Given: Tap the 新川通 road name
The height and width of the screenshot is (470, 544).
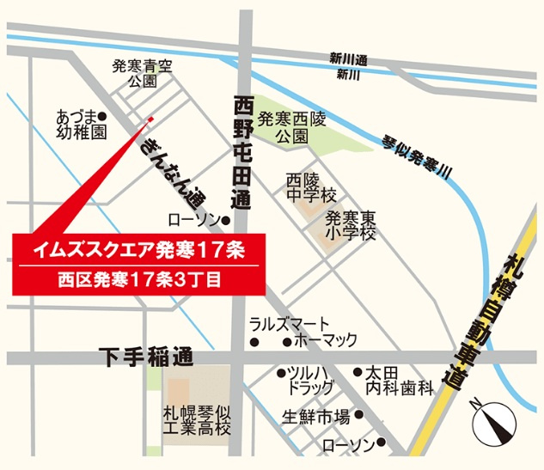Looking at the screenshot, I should (x=348, y=59).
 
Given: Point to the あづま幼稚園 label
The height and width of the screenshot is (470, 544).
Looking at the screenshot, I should (x=81, y=125).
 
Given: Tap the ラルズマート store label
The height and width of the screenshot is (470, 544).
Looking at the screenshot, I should (x=289, y=324).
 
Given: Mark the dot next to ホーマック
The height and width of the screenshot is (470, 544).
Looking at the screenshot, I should (x=286, y=342).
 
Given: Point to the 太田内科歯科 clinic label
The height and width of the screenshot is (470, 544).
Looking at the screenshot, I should (x=396, y=381).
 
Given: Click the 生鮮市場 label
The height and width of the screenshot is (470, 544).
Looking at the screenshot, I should (x=316, y=417).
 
